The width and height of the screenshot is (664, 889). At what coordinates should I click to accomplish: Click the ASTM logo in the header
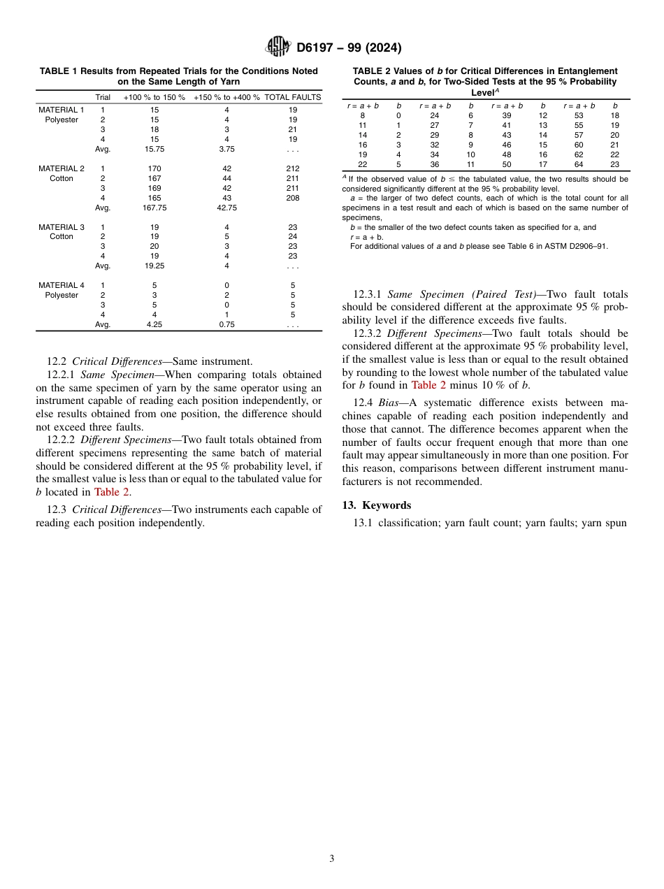[x=278, y=47]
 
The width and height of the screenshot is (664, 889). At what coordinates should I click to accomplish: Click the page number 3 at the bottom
[x=332, y=858]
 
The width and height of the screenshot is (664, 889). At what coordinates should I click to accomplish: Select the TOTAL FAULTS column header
[x=292, y=97]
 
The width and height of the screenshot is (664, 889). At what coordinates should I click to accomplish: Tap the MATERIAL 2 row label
[x=62, y=168]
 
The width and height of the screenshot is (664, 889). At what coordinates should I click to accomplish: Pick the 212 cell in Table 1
[x=293, y=168]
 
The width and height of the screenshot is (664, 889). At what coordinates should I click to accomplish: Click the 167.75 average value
[x=154, y=208]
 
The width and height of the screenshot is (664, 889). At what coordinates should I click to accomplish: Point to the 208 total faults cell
[x=293, y=198]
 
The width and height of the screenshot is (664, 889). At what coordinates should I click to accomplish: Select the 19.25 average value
[x=154, y=266]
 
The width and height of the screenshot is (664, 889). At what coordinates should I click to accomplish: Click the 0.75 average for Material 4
[x=226, y=324]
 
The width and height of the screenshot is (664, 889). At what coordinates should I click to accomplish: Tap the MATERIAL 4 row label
[x=62, y=285]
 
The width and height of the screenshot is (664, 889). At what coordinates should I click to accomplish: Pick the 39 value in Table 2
[x=507, y=115]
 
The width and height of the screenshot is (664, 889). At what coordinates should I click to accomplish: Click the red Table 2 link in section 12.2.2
[x=112, y=492]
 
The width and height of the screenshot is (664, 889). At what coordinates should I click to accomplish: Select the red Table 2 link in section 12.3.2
[x=428, y=385]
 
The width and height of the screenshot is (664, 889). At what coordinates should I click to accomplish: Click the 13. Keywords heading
[x=377, y=505]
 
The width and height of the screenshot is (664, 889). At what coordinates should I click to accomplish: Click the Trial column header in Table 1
[x=103, y=97]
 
